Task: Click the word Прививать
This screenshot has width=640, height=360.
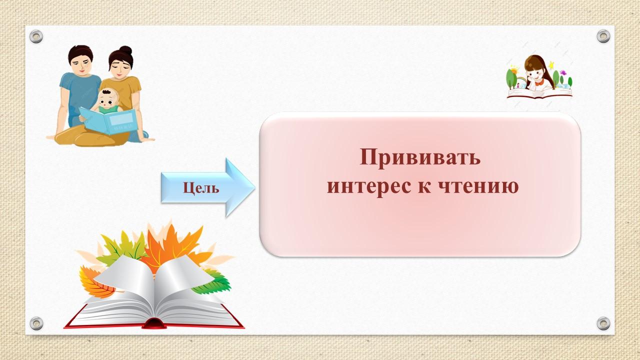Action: point(420,157)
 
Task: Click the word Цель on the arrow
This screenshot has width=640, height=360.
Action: point(201,188)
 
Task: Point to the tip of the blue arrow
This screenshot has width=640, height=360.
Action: point(255,187)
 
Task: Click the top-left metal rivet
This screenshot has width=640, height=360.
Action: point(36,36)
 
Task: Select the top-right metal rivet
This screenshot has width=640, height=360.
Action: point(603,36)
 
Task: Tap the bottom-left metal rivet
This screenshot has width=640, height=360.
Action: point(36,323)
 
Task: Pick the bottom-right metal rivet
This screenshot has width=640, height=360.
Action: point(603,323)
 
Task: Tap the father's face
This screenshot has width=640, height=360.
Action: point(81,65)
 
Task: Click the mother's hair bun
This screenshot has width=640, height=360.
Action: point(125,50)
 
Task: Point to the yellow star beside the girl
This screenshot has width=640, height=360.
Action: point(551,65)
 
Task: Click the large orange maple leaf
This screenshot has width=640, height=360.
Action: point(171,245)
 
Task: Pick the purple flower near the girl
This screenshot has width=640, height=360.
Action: point(563,73)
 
